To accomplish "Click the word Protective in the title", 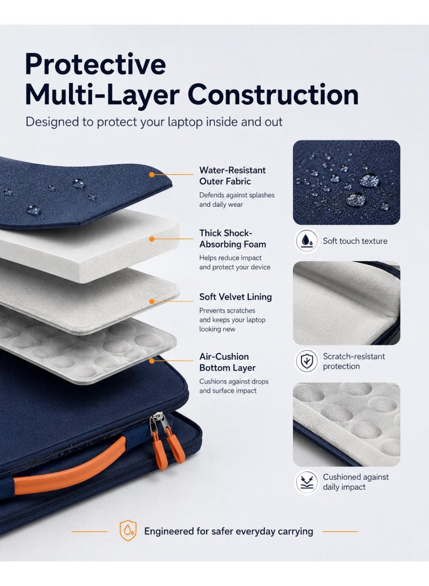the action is pyautogui.click(x=95, y=64).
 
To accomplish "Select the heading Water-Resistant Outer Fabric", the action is pyautogui.click(x=232, y=176).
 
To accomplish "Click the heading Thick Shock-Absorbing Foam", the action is pyautogui.click(x=232, y=238).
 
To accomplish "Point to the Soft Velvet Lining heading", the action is pyautogui.click(x=235, y=296).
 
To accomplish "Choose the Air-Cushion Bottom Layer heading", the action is pyautogui.click(x=227, y=362).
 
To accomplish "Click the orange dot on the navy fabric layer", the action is pyautogui.click(x=152, y=175).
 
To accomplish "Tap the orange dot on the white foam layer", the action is pyautogui.click(x=152, y=239).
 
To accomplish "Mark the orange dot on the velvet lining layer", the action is pyautogui.click(x=152, y=301).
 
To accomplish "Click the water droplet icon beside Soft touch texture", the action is pyautogui.click(x=307, y=241).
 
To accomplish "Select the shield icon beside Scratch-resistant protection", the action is pyautogui.click(x=307, y=361).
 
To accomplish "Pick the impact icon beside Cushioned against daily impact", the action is pyautogui.click(x=307, y=482).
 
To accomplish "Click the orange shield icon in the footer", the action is pyautogui.click(x=128, y=531).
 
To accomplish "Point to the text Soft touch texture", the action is pyautogui.click(x=355, y=241).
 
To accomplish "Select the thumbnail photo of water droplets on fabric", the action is pyautogui.click(x=346, y=183).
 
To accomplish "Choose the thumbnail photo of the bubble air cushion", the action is pyautogui.click(x=346, y=424).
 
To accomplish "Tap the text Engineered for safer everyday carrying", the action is pyautogui.click(x=228, y=531).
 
